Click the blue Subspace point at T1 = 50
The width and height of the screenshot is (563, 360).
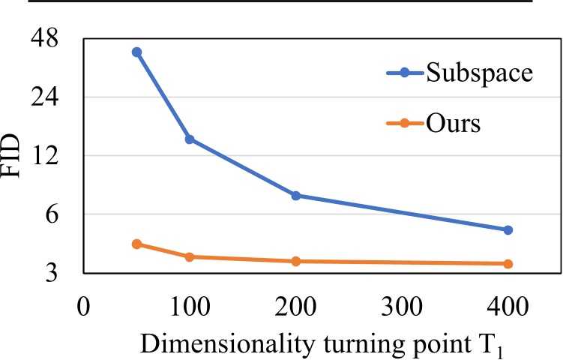tap(136, 52)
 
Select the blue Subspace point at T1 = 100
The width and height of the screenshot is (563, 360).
tap(190, 139)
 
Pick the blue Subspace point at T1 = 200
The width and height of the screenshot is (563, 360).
tap(296, 196)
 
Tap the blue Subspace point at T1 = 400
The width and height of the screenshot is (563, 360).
tap(508, 229)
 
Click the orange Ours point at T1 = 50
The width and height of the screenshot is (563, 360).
tap(136, 244)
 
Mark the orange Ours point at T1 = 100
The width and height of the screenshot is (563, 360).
tap(190, 256)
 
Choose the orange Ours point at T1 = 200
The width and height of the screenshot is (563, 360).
tap(296, 261)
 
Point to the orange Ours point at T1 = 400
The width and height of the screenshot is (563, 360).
tap(508, 263)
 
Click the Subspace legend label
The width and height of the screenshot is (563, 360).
tap(479, 73)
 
